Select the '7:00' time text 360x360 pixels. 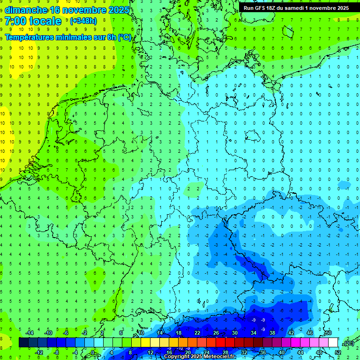click(15, 21)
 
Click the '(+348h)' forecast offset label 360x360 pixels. click(83, 21)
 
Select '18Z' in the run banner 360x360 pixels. click(276, 8)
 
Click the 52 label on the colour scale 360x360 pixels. click(338, 352)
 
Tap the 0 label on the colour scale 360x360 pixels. click(93, 352)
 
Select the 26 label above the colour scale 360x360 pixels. click(216, 333)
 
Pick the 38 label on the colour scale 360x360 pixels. click(272, 333)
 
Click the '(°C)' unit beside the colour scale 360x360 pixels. click(348, 343)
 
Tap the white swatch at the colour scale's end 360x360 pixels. click(333, 343)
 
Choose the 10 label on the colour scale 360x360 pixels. click(141, 333)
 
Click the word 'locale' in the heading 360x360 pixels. click(45, 21)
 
